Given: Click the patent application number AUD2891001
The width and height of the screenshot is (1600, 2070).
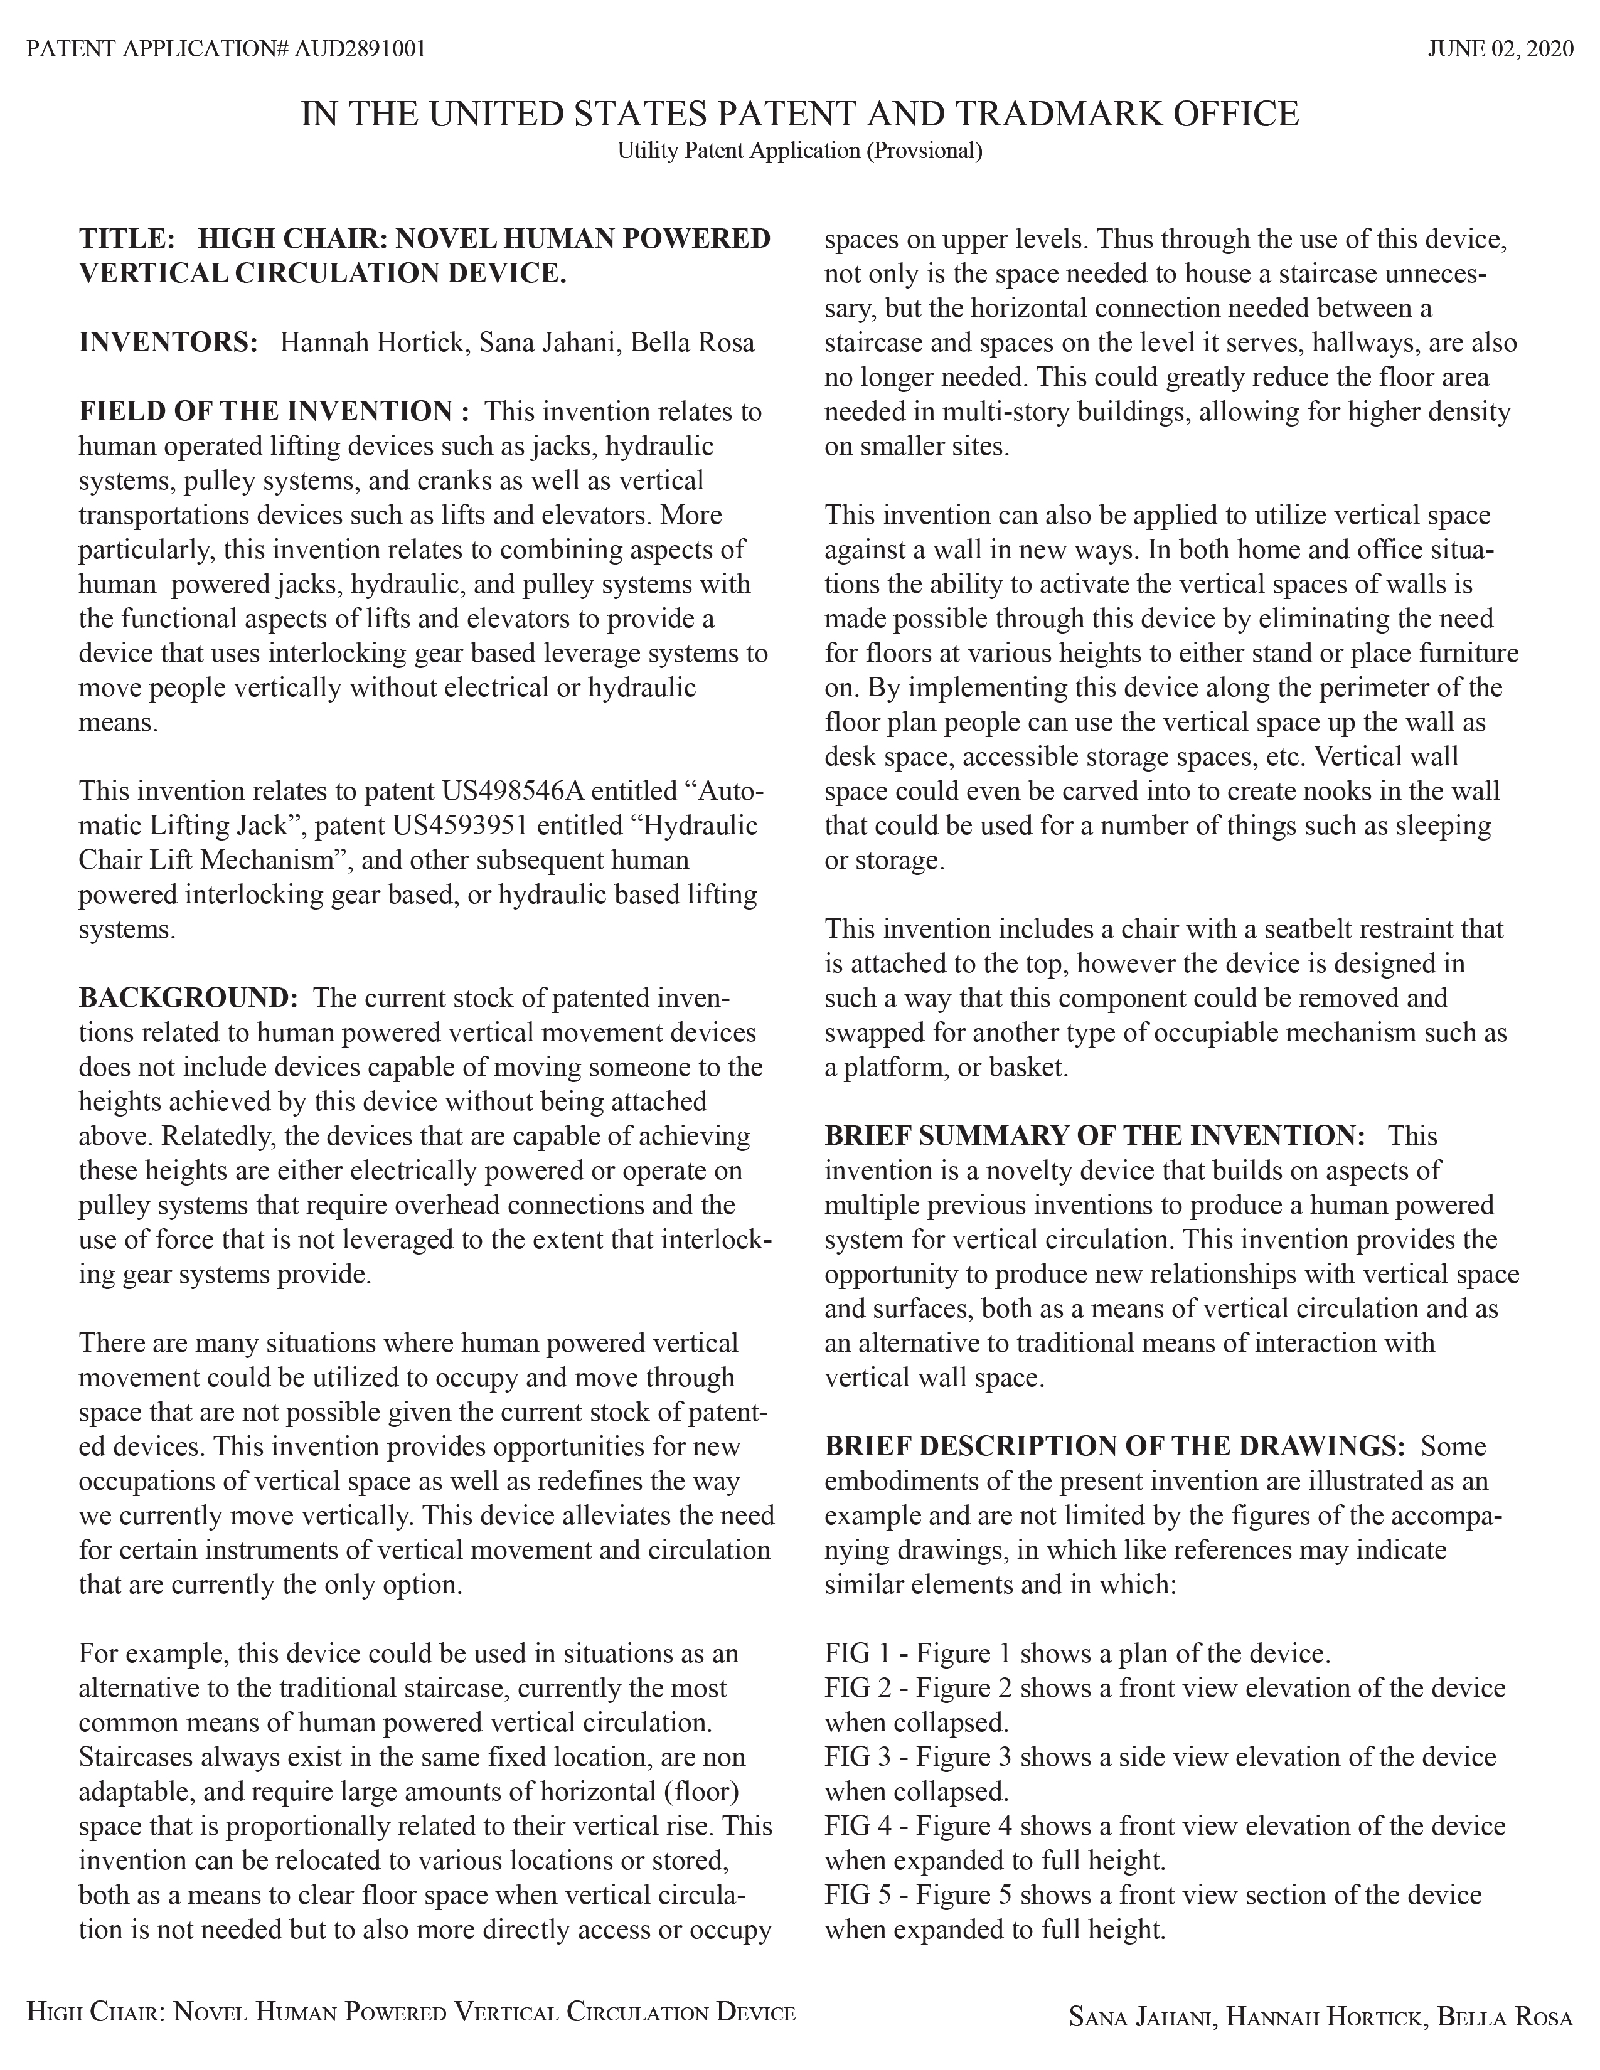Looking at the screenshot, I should pyautogui.click(x=360, y=48).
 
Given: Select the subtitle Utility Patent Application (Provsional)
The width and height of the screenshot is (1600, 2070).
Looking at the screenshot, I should pyautogui.click(x=799, y=151).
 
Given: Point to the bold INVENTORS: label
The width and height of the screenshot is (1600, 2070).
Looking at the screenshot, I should pyautogui.click(x=168, y=342).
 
